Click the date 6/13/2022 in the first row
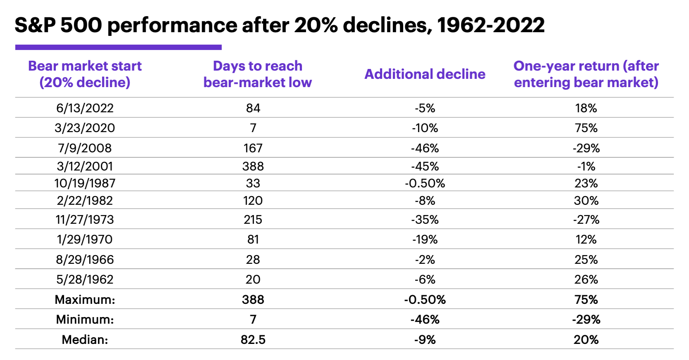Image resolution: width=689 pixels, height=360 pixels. coord(85,108)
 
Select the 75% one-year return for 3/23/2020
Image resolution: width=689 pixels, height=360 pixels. coord(586,128)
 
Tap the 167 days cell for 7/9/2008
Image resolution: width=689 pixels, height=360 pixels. coord(253,148)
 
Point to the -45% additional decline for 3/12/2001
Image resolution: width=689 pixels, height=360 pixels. coord(425,166)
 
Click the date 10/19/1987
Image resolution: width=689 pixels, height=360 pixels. coord(85,183)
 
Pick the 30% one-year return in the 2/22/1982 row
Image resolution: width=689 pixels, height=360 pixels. coord(586,201)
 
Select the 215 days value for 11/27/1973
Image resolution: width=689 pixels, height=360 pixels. coord(253,220)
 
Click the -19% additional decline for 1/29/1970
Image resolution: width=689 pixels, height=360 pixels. coord(425,239)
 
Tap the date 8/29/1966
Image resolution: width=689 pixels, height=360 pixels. coord(85,260)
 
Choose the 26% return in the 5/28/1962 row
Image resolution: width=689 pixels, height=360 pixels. coord(586,279)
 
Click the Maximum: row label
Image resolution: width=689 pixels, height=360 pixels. coord(85,300)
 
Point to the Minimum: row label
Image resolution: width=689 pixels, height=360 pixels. coord(85,320)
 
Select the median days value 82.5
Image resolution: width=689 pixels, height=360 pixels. coord(253,340)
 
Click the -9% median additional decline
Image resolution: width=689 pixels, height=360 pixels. coord(425,340)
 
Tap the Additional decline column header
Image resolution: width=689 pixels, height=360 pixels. coord(425,74)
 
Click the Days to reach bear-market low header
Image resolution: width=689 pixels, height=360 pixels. coord(257,74)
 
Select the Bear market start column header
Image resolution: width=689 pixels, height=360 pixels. coord(85,74)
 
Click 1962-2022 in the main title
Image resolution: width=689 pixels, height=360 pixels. coord(491,26)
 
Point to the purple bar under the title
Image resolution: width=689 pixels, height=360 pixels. coord(118,47)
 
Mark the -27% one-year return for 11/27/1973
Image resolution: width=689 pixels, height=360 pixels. coord(586,220)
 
